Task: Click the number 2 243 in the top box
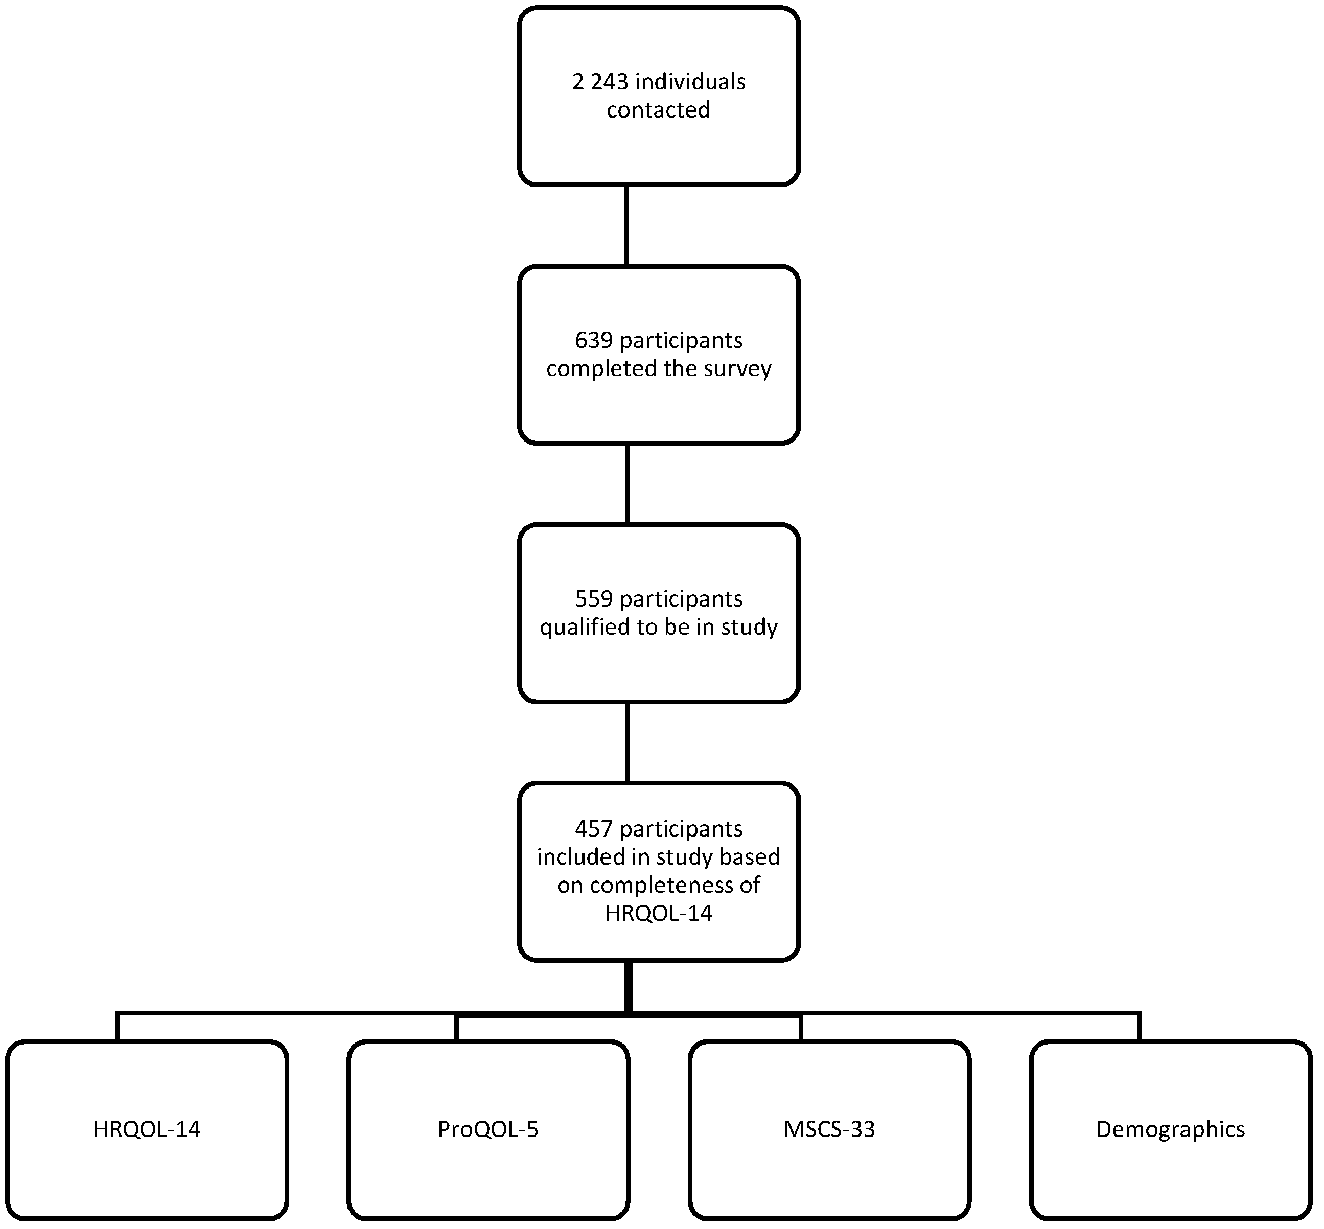point(599,82)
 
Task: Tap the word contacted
point(658,110)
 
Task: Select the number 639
point(594,340)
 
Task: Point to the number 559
point(594,599)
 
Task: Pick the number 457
point(594,829)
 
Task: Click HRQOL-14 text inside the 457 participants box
point(658,913)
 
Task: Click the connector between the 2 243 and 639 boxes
point(627,225)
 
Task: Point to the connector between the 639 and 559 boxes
point(627,483)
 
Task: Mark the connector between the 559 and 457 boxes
point(627,742)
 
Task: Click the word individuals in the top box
point(691,82)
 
